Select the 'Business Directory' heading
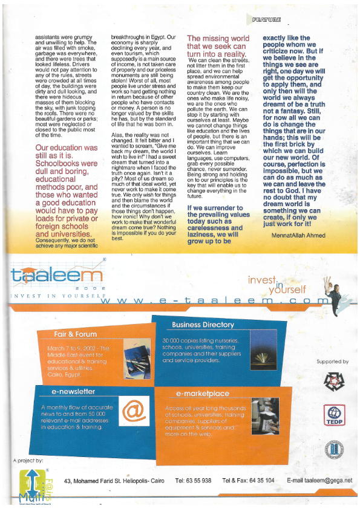coord(203,325)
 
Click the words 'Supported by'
coord(332,361)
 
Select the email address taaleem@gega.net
coord(319,480)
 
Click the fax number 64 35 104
coord(262,480)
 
